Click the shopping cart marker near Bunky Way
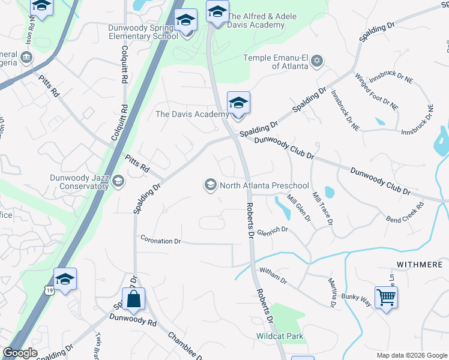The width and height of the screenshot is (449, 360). click(x=386, y=296)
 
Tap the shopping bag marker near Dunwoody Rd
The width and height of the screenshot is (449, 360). click(x=133, y=298)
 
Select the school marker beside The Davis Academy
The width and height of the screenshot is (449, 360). click(x=238, y=103)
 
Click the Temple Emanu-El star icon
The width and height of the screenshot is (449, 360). click(x=317, y=61)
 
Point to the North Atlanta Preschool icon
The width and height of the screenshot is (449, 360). click(x=210, y=185)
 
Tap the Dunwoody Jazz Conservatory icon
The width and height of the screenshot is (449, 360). click(x=118, y=181)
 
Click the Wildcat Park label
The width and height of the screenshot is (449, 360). click(x=280, y=337)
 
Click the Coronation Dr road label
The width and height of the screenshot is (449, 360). click(x=160, y=241)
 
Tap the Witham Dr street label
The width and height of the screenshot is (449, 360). click(x=273, y=276)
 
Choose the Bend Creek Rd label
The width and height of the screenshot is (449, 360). click(x=405, y=212)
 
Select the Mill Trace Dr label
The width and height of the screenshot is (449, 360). click(x=322, y=208)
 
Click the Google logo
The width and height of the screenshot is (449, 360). click(x=20, y=353)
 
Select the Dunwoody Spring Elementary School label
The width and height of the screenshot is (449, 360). click(x=143, y=32)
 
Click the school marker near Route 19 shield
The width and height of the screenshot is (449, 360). click(x=65, y=279)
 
